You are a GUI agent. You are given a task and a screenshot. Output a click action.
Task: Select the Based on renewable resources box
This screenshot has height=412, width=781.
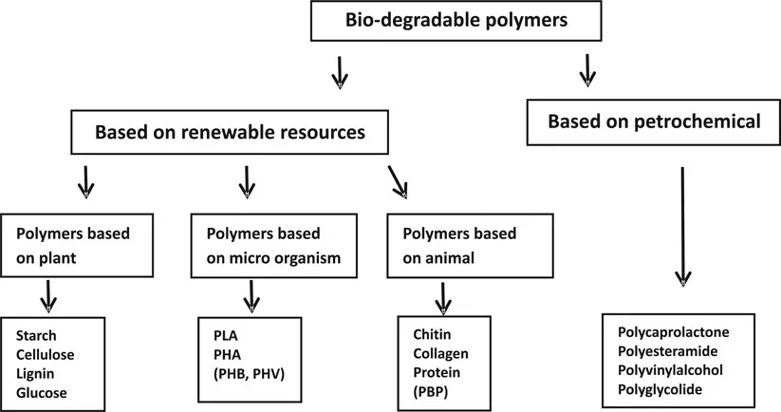coord(230,133)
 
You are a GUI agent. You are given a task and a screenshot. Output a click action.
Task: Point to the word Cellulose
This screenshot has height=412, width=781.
coord(46,353)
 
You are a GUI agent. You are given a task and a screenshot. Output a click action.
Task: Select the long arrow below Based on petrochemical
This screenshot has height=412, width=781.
coord(681,226)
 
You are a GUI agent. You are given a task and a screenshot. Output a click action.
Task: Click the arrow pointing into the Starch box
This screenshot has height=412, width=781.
coord(47,297)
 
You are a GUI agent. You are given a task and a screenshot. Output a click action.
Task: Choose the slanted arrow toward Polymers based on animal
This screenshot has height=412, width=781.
coord(400,182)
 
